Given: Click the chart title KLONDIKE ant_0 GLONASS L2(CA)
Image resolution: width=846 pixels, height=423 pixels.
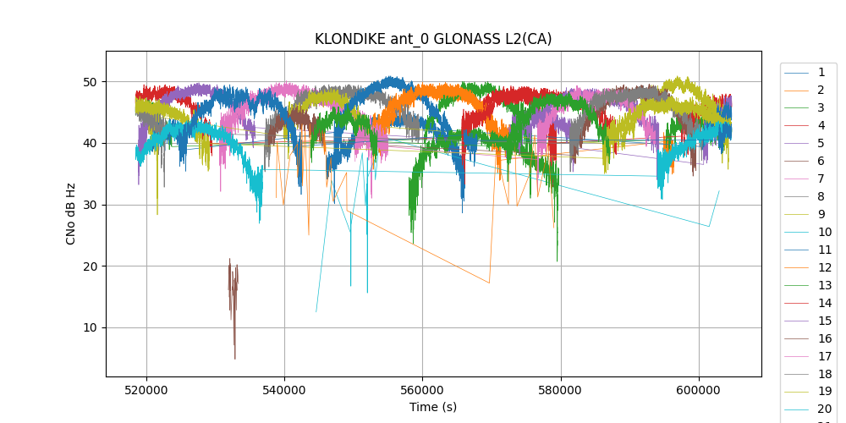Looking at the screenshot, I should coord(433,39).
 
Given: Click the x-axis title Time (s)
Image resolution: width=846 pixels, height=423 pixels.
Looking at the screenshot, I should coord(433,407).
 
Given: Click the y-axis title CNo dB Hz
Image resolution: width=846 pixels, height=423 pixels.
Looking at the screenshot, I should coord(72,213).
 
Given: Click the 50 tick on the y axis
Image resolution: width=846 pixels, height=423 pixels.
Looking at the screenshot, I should coord(90,82).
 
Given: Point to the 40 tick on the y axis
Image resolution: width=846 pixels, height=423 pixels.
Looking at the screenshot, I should coord(90,143).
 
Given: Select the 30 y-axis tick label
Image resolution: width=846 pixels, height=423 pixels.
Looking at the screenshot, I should coord(90,205).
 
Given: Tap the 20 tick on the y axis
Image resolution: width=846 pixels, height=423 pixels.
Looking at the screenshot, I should coord(90,266).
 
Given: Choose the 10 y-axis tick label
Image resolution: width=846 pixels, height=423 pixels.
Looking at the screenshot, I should coord(90,327).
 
